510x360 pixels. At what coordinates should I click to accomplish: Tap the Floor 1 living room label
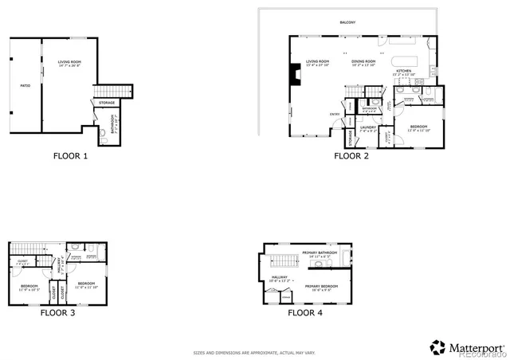69,63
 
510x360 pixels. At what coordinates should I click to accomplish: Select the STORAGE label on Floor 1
106,103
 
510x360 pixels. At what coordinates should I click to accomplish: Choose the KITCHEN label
405,72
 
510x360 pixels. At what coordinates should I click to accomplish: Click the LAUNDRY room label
367,127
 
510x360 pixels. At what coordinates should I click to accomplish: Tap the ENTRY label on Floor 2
335,114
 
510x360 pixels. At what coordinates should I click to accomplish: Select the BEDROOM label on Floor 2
418,127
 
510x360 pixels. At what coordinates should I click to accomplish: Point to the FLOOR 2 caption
351,156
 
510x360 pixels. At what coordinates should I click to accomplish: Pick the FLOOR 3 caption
58,312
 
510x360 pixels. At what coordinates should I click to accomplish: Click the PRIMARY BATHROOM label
320,252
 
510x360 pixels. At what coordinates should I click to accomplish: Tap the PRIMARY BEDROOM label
320,285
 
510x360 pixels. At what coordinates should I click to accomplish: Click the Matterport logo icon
437,347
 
